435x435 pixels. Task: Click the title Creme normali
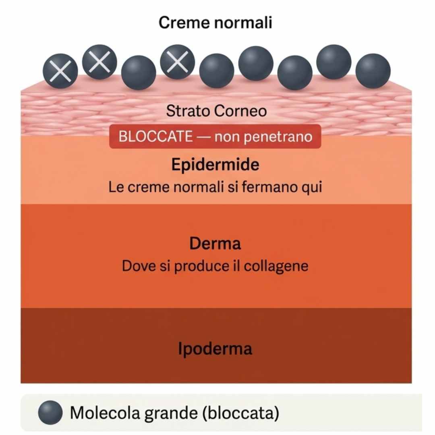click(x=215, y=23)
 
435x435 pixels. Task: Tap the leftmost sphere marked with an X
click(x=60, y=71)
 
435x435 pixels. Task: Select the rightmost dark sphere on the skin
click(x=373, y=71)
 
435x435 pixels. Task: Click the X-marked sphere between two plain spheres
click(x=178, y=62)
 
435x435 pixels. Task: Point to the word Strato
click(x=188, y=111)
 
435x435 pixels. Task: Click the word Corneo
click(x=240, y=111)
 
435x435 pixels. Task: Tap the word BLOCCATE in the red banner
click(x=155, y=137)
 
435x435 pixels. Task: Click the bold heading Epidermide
click(x=215, y=165)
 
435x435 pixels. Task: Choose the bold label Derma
click(x=215, y=244)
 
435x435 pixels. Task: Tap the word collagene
click(x=276, y=266)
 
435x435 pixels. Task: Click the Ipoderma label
click(x=215, y=349)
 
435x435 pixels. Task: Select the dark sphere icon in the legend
click(x=50, y=412)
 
